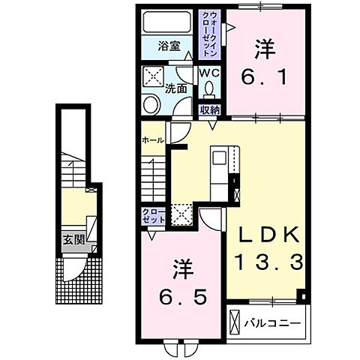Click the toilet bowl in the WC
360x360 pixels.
pyautogui.click(x=208, y=90)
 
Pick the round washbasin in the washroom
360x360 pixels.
pyautogui.click(x=150, y=104)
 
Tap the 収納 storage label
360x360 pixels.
pyautogui.click(x=209, y=110)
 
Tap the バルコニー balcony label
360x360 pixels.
pyautogui.click(x=274, y=323)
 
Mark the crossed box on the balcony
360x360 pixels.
pyautogui.click(x=235, y=324)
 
